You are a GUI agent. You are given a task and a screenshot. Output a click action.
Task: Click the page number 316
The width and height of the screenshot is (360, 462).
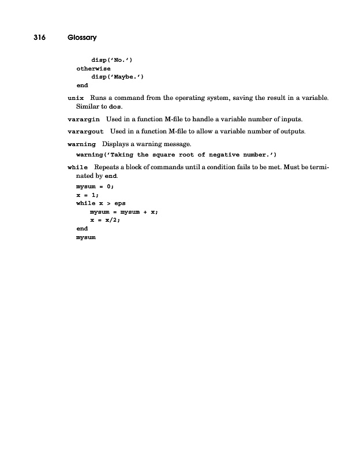pos(39,38)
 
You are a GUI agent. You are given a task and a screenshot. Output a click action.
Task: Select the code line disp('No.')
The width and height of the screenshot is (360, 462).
pos(112,60)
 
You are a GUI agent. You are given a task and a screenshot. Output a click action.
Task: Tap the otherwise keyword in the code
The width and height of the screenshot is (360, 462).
pos(93,69)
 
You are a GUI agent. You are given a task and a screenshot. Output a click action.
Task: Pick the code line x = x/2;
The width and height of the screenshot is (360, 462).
pos(108,220)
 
